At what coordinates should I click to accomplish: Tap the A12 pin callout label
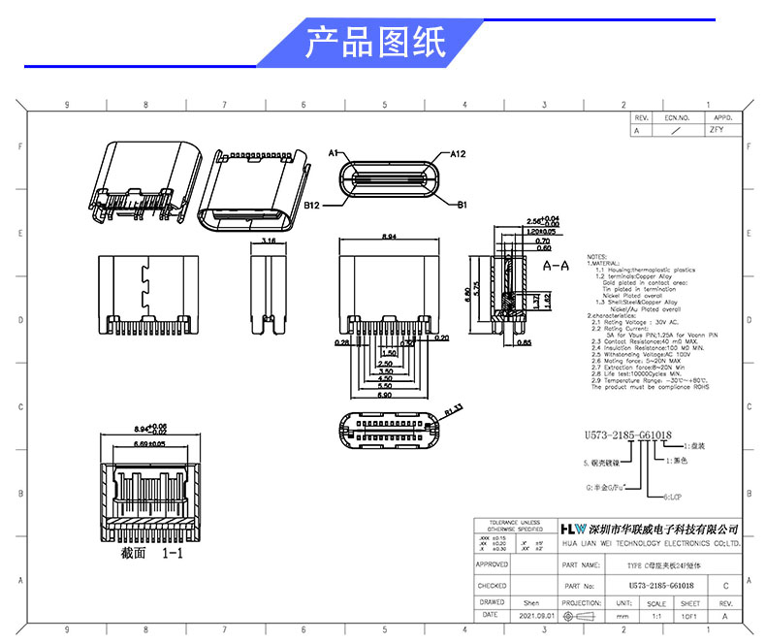click(x=459, y=153)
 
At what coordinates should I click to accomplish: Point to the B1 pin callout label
click(x=463, y=205)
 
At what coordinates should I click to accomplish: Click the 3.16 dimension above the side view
click(x=270, y=239)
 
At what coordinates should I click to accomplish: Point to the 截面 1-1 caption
click(x=151, y=553)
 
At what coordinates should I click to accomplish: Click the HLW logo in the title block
click(x=574, y=529)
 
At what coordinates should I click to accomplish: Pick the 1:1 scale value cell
click(x=655, y=616)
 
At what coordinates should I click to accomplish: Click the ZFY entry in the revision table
click(x=717, y=128)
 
